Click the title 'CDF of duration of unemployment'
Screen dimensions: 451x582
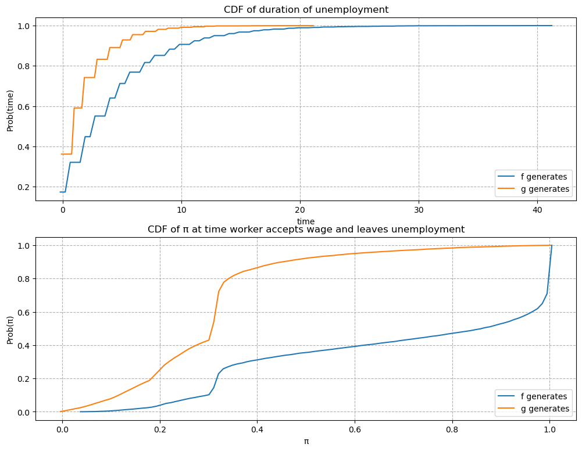(306, 9)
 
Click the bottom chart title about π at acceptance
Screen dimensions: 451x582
(306, 229)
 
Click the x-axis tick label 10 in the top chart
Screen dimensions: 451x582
(181, 210)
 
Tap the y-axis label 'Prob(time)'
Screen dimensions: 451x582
(10, 110)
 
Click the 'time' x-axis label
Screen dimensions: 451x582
(306, 221)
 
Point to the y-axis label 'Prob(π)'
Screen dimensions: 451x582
(10, 329)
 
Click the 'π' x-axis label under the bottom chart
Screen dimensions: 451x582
(306, 441)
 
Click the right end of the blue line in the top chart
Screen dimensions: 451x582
(552, 26)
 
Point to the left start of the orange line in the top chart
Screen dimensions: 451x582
(60, 154)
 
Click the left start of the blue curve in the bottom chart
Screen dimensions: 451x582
(80, 411)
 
